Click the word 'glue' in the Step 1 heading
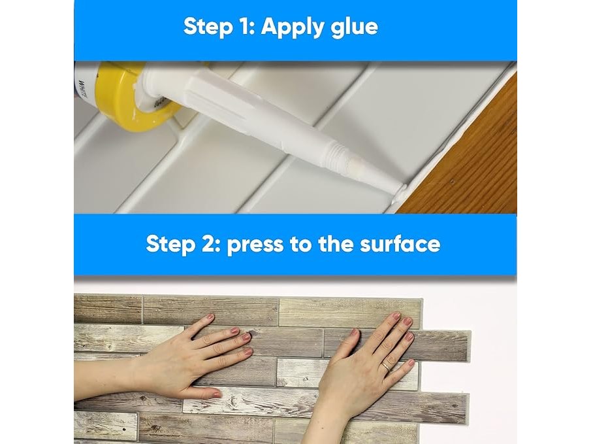pyautogui.click(x=354, y=28)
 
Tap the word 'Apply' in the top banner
pyautogui.click(x=293, y=27)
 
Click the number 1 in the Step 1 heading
pyautogui.click(x=245, y=27)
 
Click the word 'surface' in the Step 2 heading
pyautogui.click(x=400, y=243)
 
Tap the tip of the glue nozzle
pyautogui.click(x=401, y=189)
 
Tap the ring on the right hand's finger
pyautogui.click(x=387, y=366)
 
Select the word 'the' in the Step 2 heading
pyautogui.click(x=336, y=243)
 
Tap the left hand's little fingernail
pyautogui.click(x=248, y=352)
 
